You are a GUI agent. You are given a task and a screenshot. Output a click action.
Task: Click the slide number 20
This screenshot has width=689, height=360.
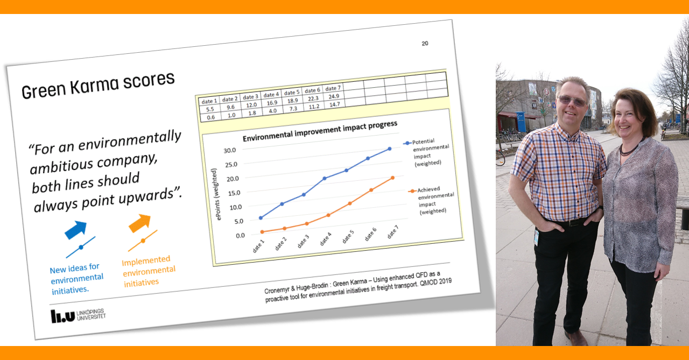425,44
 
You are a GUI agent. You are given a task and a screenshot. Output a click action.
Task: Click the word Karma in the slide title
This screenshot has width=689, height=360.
94,85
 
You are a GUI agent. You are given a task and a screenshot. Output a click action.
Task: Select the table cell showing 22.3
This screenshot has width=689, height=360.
313,98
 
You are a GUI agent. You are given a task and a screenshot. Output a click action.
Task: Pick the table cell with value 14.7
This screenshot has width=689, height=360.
335,104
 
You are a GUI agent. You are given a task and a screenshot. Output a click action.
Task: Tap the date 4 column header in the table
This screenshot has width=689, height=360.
271,95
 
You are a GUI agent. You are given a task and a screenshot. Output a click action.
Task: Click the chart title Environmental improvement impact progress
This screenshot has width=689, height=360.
320,131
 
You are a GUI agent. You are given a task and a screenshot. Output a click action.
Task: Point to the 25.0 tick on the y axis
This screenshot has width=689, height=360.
231,165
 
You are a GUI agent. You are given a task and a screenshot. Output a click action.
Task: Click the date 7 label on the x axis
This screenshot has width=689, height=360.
392,232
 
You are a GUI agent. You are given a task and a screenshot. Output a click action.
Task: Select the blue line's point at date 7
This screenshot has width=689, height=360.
389,149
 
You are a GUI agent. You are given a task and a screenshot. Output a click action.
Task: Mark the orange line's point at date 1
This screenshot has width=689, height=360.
262,232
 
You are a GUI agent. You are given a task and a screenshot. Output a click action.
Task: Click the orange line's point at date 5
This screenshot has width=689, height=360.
350,203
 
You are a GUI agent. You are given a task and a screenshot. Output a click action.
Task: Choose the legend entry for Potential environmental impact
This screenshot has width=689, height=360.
426,152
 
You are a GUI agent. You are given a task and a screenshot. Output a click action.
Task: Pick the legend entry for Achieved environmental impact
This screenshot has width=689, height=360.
431,200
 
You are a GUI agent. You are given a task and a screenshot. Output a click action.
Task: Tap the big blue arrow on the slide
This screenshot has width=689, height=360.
76,229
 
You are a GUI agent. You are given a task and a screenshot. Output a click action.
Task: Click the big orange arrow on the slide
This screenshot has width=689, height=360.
139,223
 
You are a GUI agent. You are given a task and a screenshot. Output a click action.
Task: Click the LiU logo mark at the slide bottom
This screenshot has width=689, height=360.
63,316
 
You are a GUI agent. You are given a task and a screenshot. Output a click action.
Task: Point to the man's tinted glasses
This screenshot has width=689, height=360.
572,100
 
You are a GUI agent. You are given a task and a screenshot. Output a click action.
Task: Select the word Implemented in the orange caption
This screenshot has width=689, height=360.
146,261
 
